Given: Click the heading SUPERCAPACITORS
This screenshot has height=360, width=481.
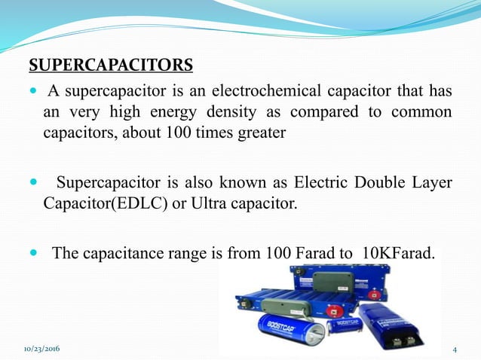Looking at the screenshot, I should (111, 63).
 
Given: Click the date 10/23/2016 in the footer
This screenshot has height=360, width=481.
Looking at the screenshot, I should (42, 350).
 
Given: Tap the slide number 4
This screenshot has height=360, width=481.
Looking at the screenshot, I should (455, 350).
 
